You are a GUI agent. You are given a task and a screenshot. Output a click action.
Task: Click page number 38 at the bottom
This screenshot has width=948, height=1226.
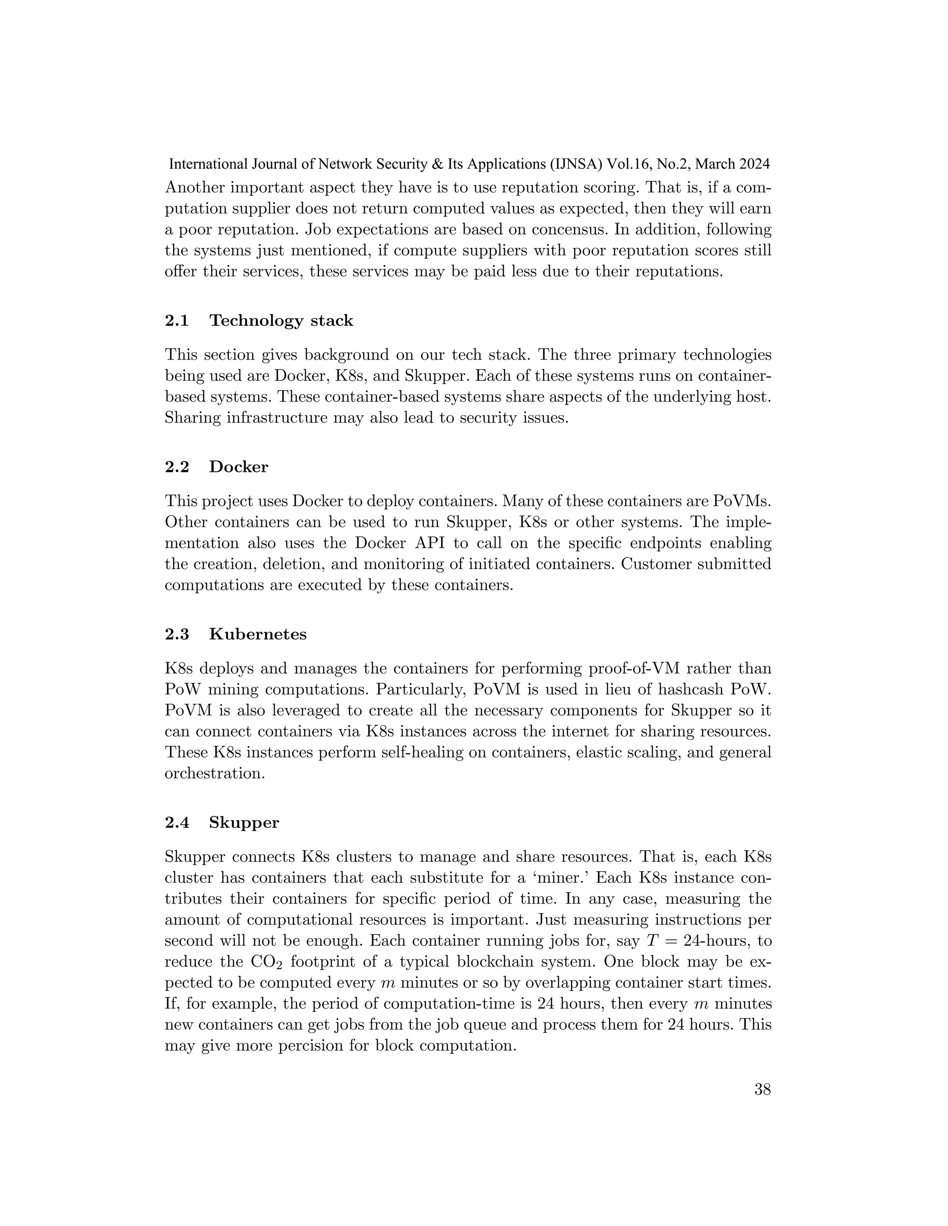coord(762,1090)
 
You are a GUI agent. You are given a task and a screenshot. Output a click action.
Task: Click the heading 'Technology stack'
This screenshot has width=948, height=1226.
coord(281,321)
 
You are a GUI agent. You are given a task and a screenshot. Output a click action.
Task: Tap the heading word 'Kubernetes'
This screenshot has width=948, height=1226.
coord(258,634)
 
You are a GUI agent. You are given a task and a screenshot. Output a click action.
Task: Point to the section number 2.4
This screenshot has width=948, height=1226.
coord(177,823)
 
